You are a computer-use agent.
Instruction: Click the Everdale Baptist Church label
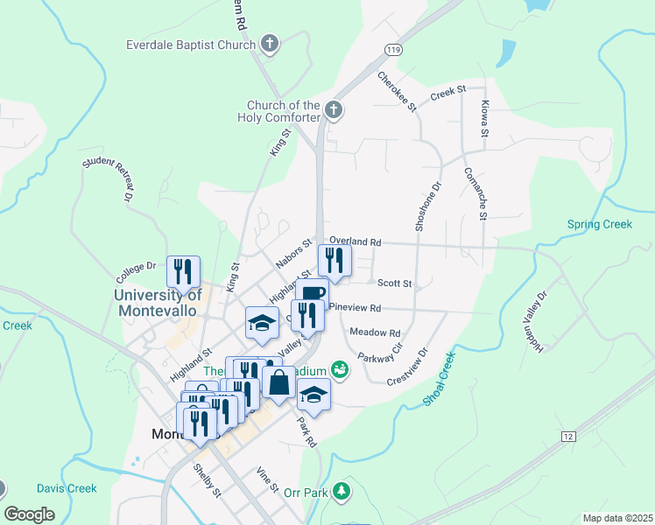click(191, 44)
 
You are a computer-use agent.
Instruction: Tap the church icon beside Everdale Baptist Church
click(270, 43)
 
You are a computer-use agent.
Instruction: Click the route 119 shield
click(398, 51)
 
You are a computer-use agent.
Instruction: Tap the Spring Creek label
click(600, 225)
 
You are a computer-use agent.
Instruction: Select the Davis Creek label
click(67, 488)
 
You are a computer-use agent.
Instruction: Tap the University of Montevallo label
click(158, 302)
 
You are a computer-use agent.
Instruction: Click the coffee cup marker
click(312, 291)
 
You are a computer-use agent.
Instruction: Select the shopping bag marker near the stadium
click(278, 381)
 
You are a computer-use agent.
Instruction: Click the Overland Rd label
click(356, 241)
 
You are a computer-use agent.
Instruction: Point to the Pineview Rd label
click(356, 308)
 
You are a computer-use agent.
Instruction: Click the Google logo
click(30, 514)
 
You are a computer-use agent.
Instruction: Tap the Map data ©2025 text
click(616, 518)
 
